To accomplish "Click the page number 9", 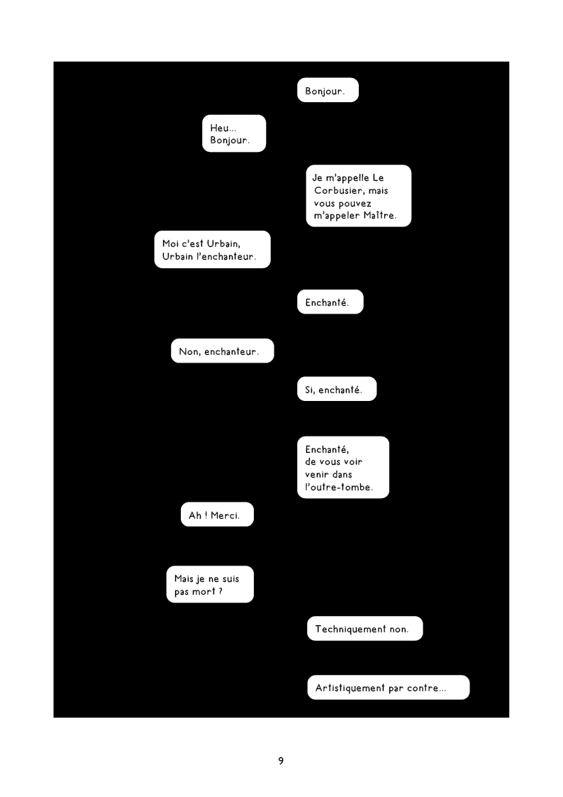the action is [281, 761].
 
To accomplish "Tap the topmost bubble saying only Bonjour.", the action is [328, 90].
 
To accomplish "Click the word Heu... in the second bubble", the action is [223, 128].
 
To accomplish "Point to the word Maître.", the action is [380, 216].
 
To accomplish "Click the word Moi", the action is [171, 243].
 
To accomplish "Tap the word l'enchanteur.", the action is [226, 256].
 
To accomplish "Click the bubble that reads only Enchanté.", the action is [330, 302].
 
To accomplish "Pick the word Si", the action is [310, 390].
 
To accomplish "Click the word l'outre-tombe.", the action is [339, 487].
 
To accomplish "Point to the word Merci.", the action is [225, 515].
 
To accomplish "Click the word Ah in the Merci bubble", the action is [195, 515].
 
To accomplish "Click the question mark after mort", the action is [221, 592].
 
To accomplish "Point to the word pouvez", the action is [355, 204].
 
